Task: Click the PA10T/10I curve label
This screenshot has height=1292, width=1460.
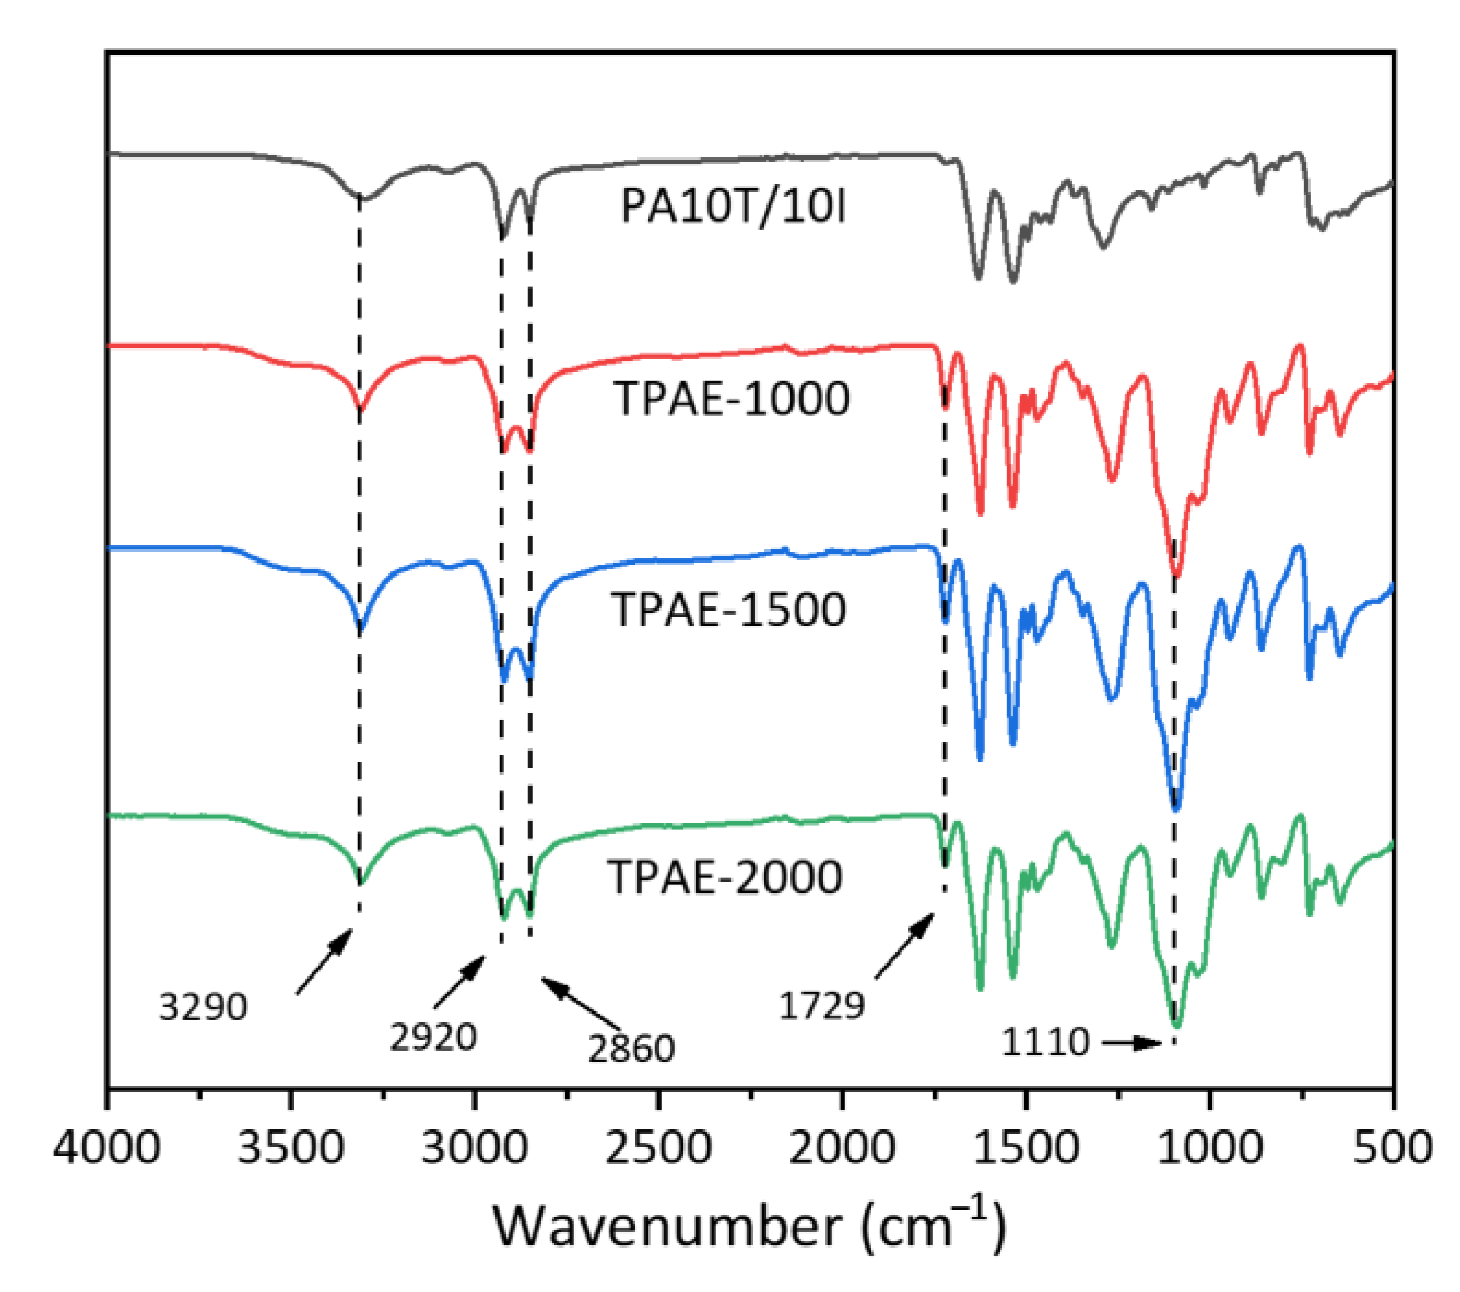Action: coord(733,206)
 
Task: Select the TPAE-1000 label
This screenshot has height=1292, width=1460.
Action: coord(733,399)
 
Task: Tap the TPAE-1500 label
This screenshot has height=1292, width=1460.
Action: coord(729,609)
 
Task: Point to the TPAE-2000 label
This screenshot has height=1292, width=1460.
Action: coord(726,877)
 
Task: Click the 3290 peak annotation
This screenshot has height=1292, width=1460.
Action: coord(203,1008)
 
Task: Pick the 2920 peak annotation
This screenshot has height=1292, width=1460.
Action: coord(433,1037)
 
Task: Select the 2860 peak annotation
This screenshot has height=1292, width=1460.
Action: coord(631,1049)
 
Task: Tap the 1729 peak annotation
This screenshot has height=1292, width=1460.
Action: coord(821,1006)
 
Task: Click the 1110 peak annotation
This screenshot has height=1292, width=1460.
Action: coord(1045,1042)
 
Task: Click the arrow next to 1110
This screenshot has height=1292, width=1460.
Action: coord(1131,1044)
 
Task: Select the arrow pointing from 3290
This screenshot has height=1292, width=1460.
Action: coord(324,961)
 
